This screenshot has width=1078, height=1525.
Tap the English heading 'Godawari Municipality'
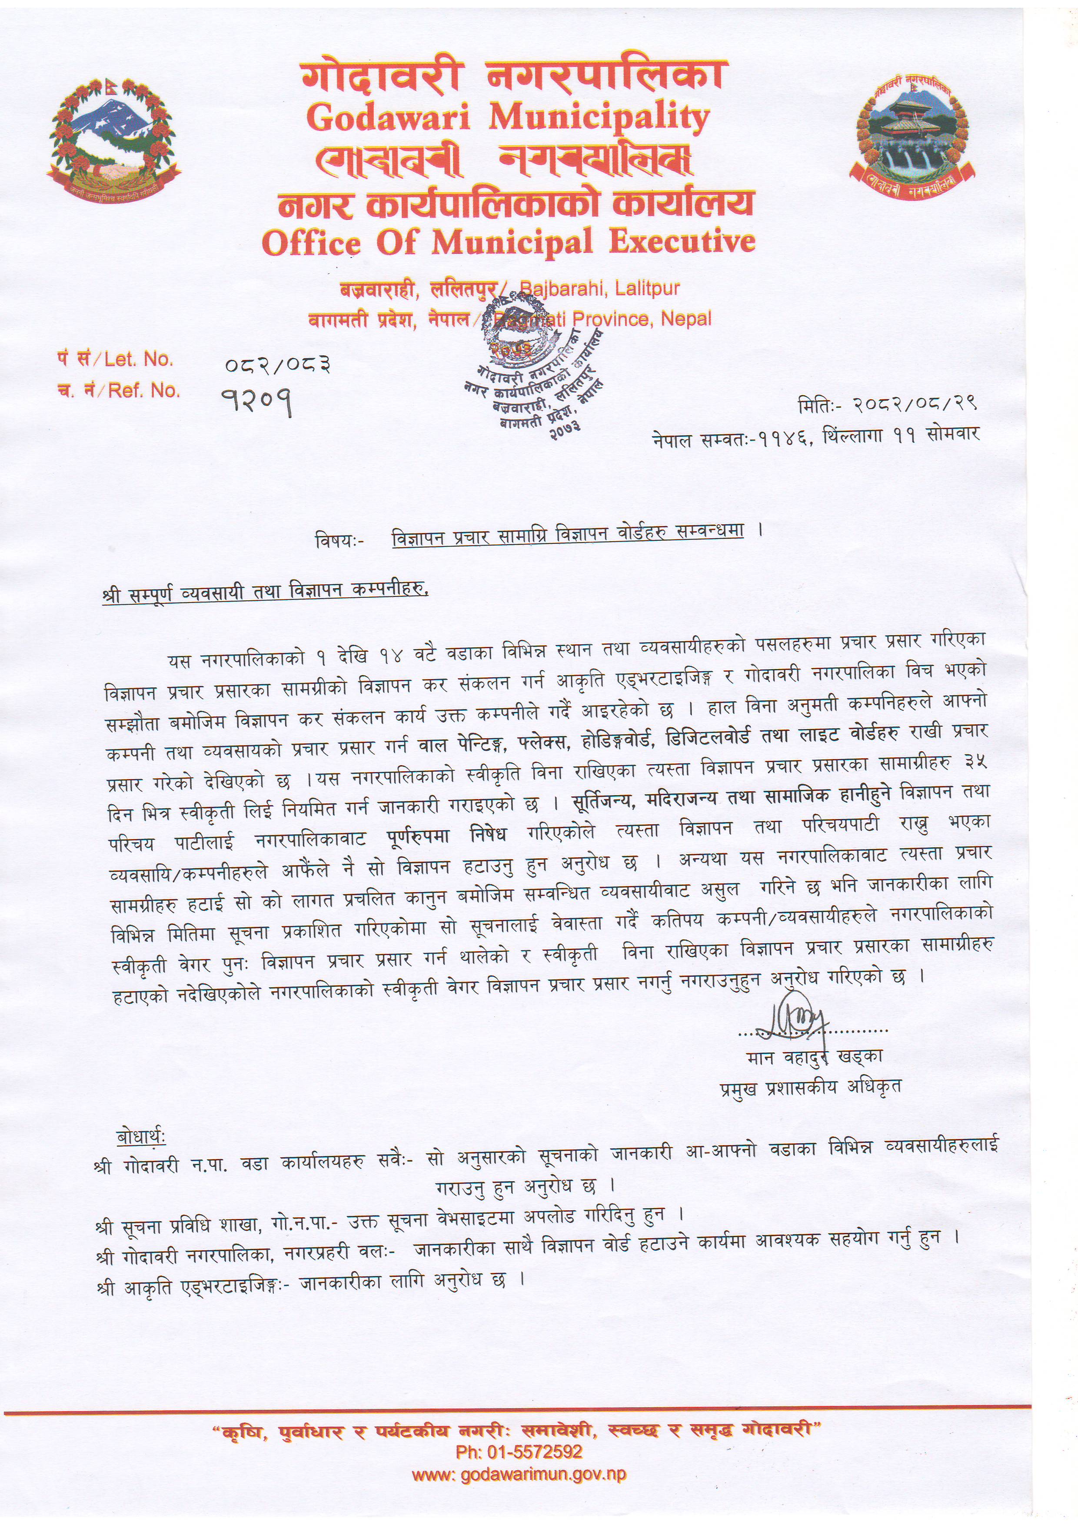pos(508,118)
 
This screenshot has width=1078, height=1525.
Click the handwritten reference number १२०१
pos(256,399)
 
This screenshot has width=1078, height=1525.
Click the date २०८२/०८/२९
pos(918,403)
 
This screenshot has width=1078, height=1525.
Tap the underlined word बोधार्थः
pos(141,1136)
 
